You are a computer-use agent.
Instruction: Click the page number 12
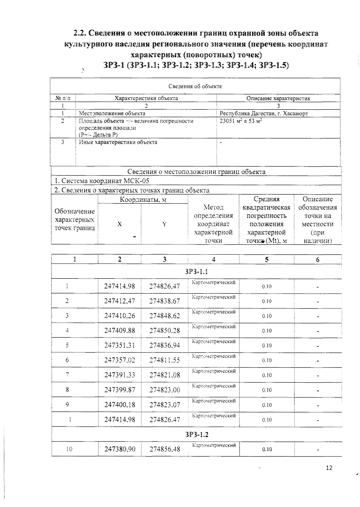point(329,468)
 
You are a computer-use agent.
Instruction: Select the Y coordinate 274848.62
point(164,316)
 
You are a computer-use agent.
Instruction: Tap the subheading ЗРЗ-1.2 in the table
point(196,434)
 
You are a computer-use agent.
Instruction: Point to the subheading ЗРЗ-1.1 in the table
point(196,272)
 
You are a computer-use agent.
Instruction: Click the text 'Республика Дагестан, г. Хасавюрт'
point(264,114)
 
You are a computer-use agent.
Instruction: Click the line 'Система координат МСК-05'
point(102,181)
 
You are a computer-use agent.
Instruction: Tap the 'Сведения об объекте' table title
point(195,86)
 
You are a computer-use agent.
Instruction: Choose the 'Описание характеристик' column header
point(278,98)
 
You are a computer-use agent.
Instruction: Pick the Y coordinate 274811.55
point(164,360)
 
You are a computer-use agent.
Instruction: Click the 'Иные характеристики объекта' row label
point(118,142)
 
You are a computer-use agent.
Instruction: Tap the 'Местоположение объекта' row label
point(112,114)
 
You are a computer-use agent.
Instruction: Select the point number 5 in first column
point(67,345)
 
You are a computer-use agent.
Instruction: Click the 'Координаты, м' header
point(143,200)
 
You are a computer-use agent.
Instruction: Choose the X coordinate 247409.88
point(119,331)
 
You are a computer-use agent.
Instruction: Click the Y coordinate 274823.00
point(164,390)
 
